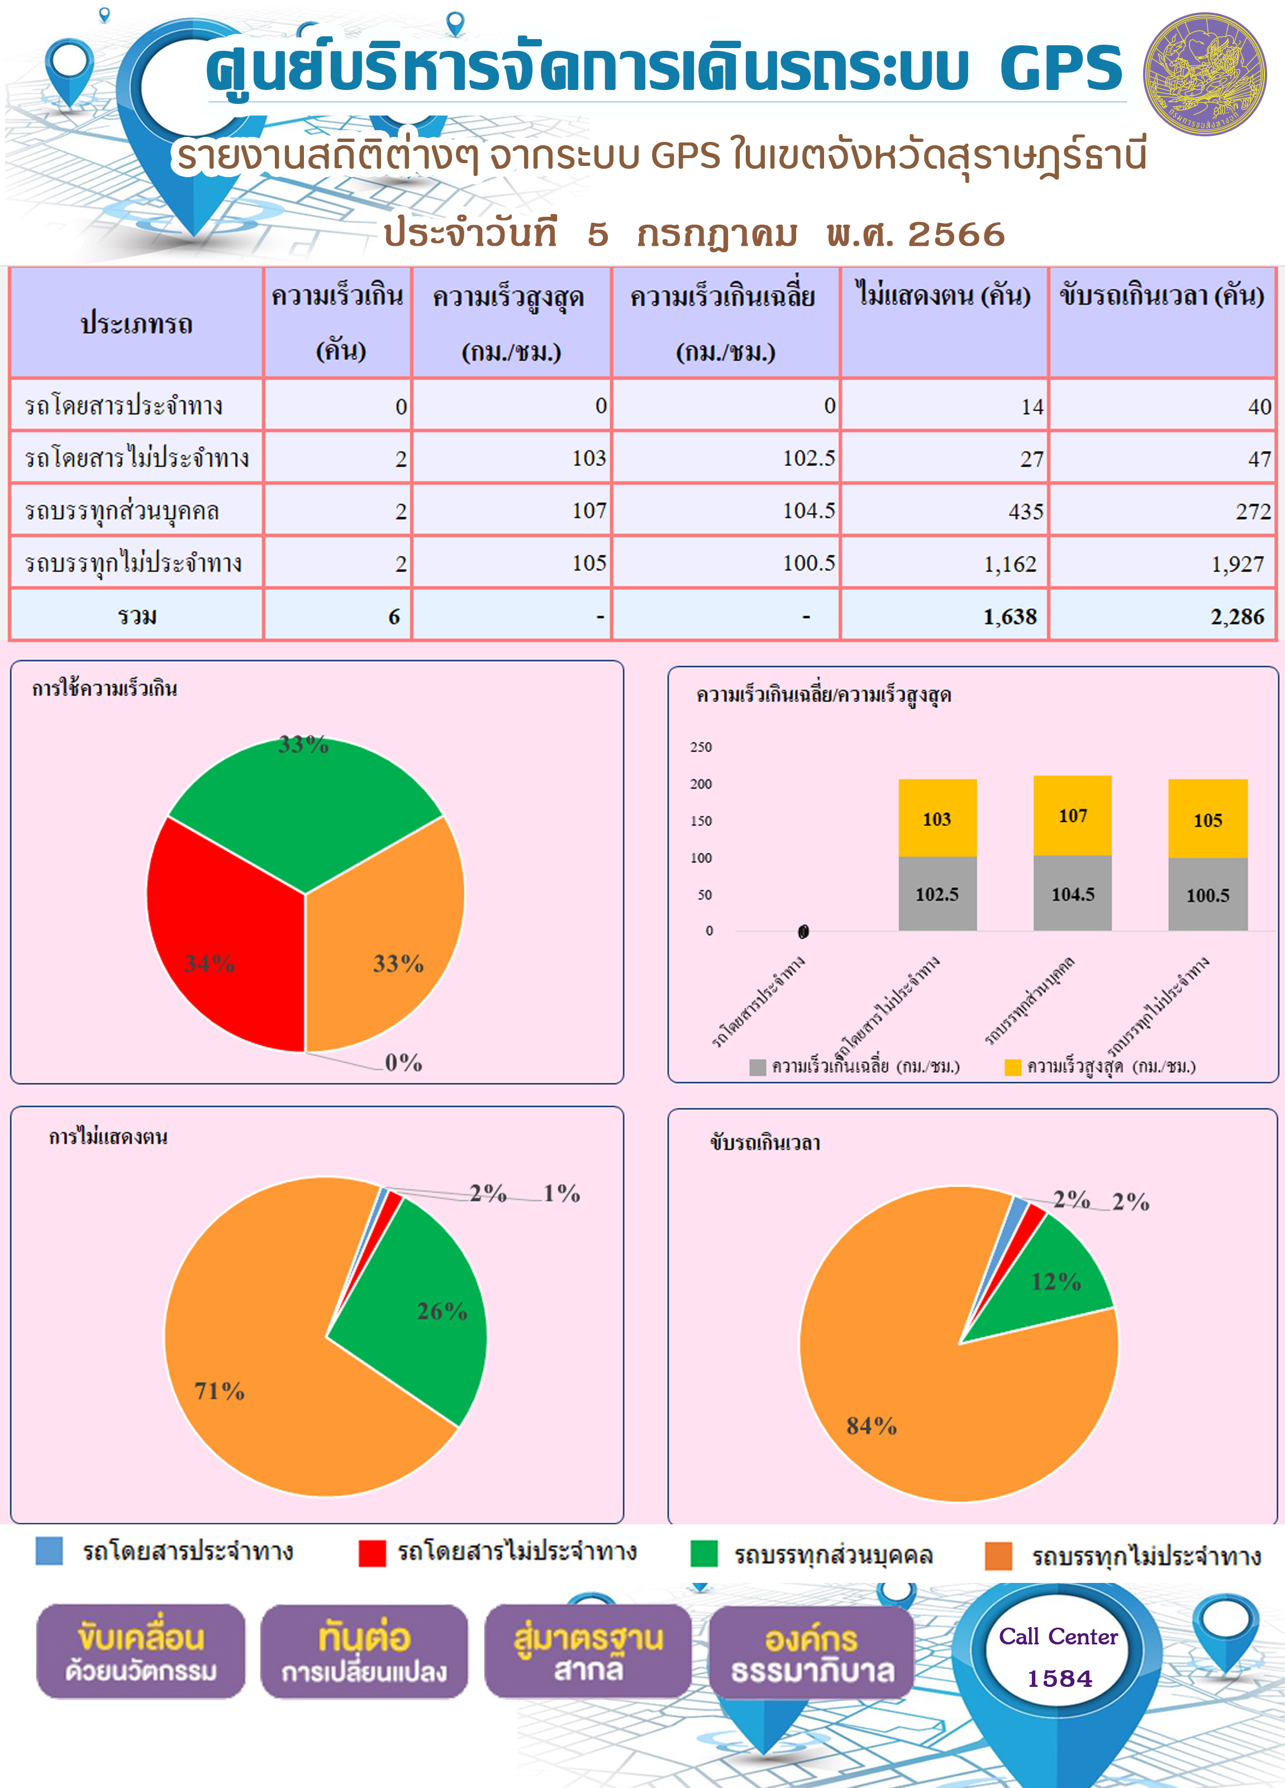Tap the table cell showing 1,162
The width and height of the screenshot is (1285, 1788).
point(944,563)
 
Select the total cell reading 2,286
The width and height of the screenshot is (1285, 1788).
point(1162,616)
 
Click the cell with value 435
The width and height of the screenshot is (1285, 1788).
point(944,510)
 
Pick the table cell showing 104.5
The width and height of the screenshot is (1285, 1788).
point(726,510)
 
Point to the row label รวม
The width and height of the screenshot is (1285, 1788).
point(137,616)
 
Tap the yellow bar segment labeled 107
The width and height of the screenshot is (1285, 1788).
point(1072,815)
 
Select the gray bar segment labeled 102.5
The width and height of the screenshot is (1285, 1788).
point(937,893)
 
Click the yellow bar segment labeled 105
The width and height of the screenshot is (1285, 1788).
point(1208,819)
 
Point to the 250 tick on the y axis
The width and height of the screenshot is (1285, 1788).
point(701,746)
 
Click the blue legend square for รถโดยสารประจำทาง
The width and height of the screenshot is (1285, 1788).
point(49,1550)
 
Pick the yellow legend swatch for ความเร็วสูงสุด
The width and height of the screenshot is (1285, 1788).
point(1013,1067)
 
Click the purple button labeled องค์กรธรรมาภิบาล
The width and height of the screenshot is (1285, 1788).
point(812,1652)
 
